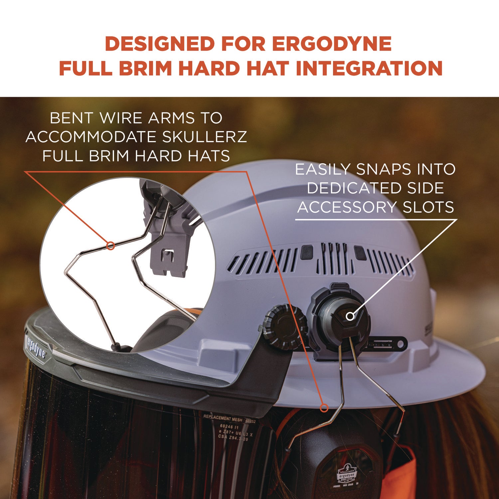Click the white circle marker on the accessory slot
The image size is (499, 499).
click(x=350, y=316)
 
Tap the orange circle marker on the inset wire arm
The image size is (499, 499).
click(x=111, y=246)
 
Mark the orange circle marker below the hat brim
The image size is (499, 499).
click(x=324, y=408)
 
